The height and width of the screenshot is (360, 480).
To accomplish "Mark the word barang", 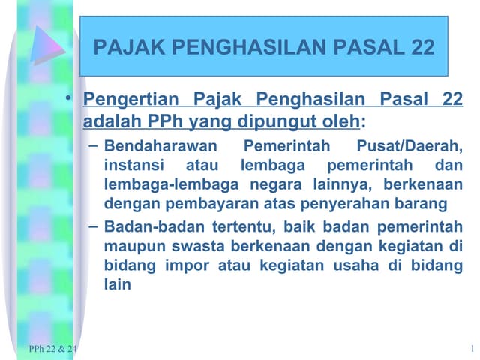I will coord(426,202).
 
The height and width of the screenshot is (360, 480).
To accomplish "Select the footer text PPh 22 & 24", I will coord(52,349).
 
